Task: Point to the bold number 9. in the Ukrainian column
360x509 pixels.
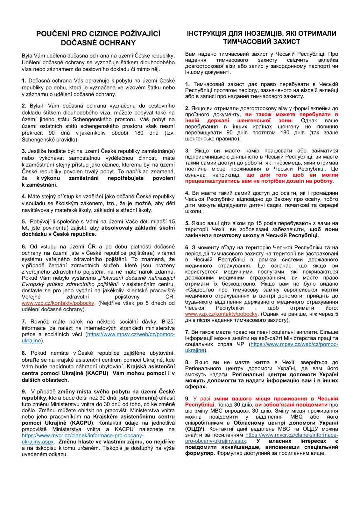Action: (187, 399)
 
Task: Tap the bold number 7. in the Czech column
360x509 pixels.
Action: (24, 321)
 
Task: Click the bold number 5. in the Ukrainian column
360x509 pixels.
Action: (187, 223)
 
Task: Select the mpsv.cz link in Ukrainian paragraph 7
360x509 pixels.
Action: (294, 345)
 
